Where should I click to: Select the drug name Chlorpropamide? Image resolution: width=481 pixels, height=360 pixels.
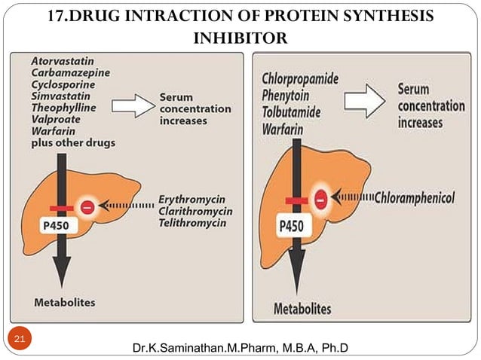pyautogui.click(x=300, y=78)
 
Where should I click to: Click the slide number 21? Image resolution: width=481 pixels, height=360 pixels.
pyautogui.click(x=20, y=340)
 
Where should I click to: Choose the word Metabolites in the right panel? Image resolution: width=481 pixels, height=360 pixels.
pyautogui.click(x=302, y=309)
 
